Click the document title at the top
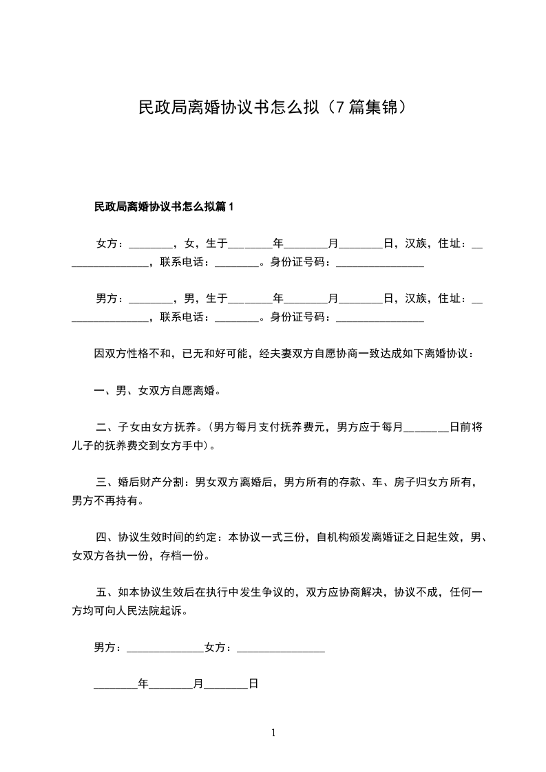click(x=273, y=108)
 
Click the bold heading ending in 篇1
click(x=165, y=206)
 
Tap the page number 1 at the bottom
click(x=273, y=733)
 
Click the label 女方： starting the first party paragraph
click(x=111, y=243)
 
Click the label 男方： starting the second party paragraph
click(x=111, y=299)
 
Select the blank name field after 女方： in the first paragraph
click(x=151, y=245)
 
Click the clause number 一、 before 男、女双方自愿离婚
click(x=105, y=392)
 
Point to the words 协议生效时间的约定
click(x=168, y=537)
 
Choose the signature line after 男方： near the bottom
click(x=165, y=649)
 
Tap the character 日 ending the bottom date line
click(x=253, y=685)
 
